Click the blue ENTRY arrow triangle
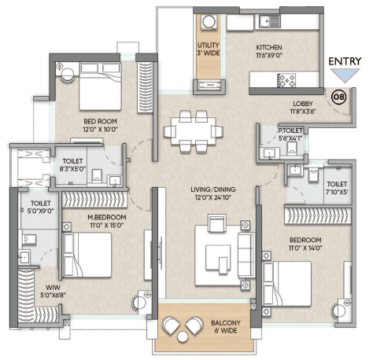pos(345,75)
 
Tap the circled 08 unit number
pos(339,97)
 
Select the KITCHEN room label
pos(269,47)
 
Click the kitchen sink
pos(270,21)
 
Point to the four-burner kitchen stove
pos(286,80)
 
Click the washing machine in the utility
pos(209,22)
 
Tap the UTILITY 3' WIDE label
pos(209,49)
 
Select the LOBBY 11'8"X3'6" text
pos(303,108)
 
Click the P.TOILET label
pos(290,130)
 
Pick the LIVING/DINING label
pos(213,189)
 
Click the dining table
pos(194,130)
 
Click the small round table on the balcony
pos(183,336)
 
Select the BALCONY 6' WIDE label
pos(226,327)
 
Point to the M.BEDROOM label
pos(107,217)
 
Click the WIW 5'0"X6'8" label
pos(53,292)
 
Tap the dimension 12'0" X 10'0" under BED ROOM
pos(100,129)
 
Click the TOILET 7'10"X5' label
pos(337,188)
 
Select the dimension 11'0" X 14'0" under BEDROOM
pos(305,248)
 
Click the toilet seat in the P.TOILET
pos(292,148)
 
